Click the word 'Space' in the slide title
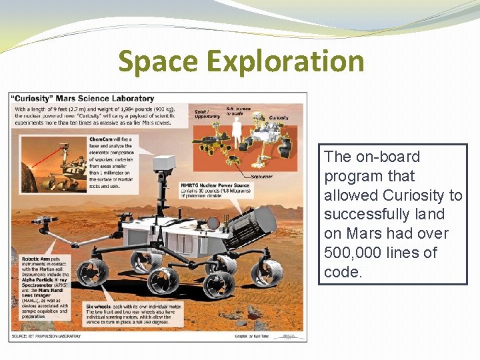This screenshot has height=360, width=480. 158,62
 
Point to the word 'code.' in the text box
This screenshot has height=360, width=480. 343,272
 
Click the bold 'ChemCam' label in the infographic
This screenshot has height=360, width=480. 101,139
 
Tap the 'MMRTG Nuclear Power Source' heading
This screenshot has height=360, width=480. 215,185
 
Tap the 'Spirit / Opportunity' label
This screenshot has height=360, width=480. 207,114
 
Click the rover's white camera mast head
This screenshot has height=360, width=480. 164,162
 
